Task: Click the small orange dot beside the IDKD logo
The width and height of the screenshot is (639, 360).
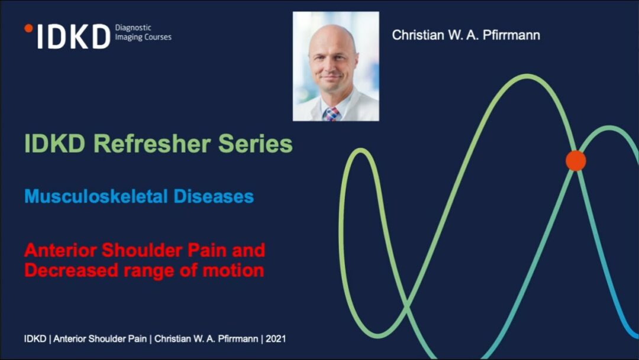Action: [x=28, y=28]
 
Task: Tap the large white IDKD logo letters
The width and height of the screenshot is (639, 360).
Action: [x=74, y=37]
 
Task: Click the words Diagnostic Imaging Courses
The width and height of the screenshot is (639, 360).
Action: [x=143, y=32]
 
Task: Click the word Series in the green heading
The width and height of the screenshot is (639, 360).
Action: [x=256, y=143]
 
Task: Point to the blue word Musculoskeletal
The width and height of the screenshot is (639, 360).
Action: [x=96, y=196]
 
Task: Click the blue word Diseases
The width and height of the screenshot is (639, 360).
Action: [x=214, y=196]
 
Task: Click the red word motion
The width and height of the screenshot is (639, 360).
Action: [x=234, y=270]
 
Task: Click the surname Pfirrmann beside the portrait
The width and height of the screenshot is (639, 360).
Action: [x=511, y=35]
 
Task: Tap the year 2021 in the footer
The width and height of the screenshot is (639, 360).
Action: [x=276, y=339]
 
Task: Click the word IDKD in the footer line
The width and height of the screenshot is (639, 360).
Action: [x=35, y=339]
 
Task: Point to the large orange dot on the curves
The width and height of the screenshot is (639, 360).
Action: [x=576, y=160]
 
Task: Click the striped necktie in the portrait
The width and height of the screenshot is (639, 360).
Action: [x=331, y=114]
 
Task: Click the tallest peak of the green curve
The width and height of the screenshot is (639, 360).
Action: [x=527, y=75]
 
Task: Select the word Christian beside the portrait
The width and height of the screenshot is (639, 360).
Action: [x=418, y=35]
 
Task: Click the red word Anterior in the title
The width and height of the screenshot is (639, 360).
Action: [x=60, y=250]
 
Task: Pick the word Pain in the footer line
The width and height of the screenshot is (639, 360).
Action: [x=138, y=339]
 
